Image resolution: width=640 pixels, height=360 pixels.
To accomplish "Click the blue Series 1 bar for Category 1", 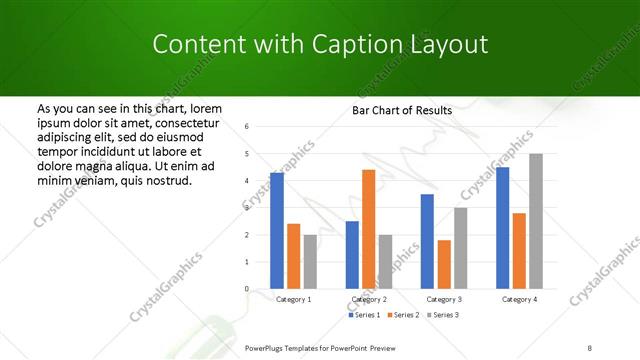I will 277,231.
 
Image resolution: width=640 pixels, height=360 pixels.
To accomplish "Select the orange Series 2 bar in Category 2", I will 368,229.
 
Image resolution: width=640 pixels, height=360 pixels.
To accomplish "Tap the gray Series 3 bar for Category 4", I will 536,221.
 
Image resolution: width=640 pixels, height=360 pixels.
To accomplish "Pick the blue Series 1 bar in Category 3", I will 427,241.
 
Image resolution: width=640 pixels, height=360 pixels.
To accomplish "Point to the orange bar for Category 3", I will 444,264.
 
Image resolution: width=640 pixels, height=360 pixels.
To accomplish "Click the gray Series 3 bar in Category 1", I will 310,262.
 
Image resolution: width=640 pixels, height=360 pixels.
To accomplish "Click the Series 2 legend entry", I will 403,315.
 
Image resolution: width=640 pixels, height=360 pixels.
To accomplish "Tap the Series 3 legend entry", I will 443,315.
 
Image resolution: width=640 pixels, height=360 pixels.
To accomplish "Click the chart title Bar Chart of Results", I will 402,110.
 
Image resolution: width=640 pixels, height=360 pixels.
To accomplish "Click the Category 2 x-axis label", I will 368,299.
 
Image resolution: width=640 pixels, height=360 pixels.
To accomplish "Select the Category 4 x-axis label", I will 519,299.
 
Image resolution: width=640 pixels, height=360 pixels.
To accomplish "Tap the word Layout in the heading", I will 449,44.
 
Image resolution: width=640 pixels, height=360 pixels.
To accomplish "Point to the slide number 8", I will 589,346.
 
